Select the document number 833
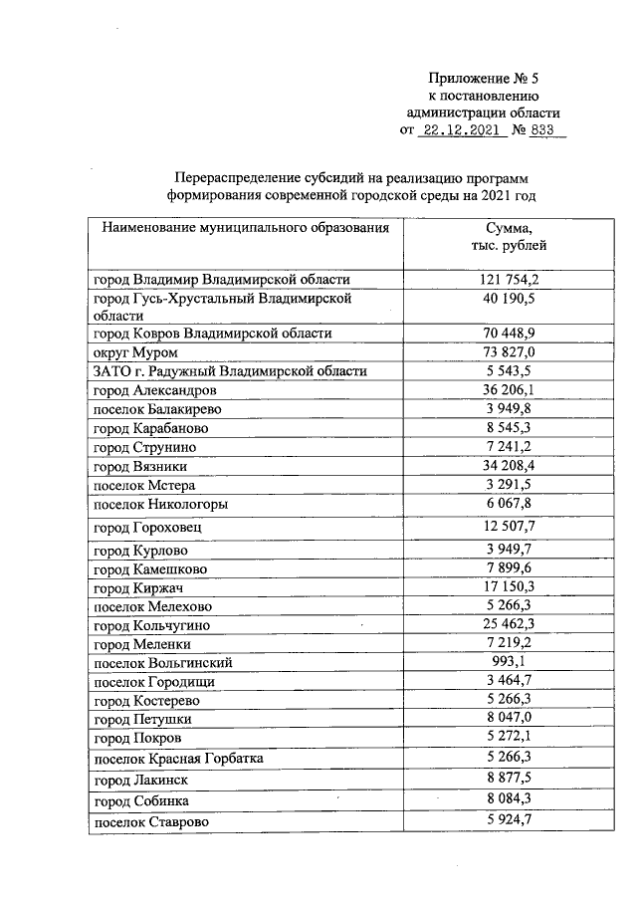(546, 129)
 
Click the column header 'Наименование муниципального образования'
(245, 228)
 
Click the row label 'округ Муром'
(135, 352)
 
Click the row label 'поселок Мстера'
(144, 485)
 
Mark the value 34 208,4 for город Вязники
(509, 465)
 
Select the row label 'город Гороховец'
(151, 527)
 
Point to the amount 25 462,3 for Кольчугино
(509, 624)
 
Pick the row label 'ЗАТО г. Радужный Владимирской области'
(230, 371)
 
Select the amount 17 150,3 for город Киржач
(509, 587)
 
